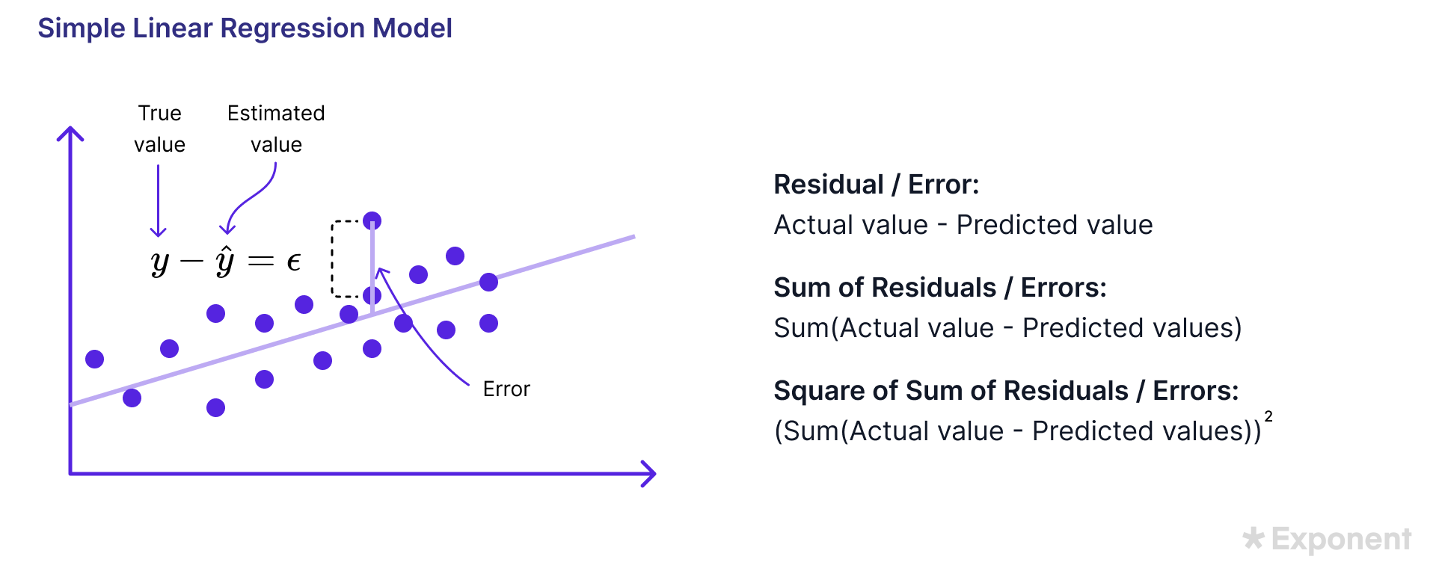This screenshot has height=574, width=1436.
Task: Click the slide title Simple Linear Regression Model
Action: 245,28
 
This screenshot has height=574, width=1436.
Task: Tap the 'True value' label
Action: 159,129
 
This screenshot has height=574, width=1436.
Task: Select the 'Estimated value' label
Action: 276,129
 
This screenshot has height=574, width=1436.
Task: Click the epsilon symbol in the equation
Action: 294,262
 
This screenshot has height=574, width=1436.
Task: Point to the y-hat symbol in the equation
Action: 225,261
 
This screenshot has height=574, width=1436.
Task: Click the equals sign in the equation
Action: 261,261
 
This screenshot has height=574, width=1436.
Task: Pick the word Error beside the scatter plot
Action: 506,389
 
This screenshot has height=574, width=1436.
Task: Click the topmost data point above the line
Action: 372,220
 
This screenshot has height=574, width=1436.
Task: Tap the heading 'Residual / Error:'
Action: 877,185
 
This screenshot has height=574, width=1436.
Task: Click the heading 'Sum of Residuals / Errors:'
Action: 940,288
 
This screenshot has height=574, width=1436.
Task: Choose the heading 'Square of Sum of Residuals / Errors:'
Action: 1006,391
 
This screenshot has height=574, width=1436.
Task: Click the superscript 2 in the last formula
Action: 1268,416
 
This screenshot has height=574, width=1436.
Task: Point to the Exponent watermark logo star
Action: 1254,538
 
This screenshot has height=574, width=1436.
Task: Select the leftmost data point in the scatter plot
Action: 94,359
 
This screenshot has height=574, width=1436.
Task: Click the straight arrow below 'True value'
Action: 158,200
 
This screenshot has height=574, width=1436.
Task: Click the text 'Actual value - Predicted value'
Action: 963,225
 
